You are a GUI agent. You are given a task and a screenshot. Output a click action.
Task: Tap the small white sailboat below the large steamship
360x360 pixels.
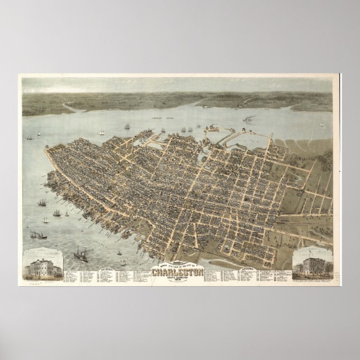pos(122,264)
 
